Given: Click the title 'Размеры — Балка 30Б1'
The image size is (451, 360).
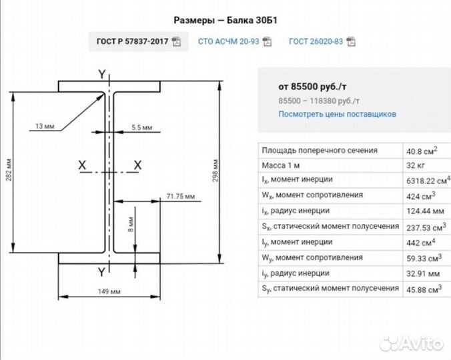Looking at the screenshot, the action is (225, 21).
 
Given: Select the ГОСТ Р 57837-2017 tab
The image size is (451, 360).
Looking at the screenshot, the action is (138, 41).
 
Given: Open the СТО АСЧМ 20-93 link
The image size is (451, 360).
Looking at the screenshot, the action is (234, 41).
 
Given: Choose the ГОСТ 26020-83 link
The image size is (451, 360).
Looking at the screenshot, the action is (322, 41).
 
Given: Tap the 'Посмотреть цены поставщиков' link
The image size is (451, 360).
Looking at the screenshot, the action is (337, 114).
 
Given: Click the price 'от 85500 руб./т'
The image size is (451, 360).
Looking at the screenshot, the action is (312, 87).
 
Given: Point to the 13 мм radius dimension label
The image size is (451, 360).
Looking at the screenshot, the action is (45, 126).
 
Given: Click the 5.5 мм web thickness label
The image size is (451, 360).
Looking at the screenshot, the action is (142, 127).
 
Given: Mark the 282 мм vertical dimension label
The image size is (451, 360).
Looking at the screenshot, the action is (9, 170).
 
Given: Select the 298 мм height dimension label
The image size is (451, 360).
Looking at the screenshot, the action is (215, 171).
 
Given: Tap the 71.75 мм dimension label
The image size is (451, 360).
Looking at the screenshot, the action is (181, 197).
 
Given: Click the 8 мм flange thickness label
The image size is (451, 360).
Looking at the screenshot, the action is (131, 225).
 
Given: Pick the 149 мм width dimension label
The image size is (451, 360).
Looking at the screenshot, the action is (109, 291).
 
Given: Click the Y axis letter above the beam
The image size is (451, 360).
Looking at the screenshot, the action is (102, 75).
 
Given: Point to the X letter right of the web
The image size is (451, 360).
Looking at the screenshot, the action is (138, 165).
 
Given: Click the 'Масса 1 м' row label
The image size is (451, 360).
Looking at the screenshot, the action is (281, 165).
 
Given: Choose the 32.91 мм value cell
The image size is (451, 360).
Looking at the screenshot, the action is (423, 273).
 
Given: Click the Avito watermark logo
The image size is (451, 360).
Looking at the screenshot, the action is (412, 343).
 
